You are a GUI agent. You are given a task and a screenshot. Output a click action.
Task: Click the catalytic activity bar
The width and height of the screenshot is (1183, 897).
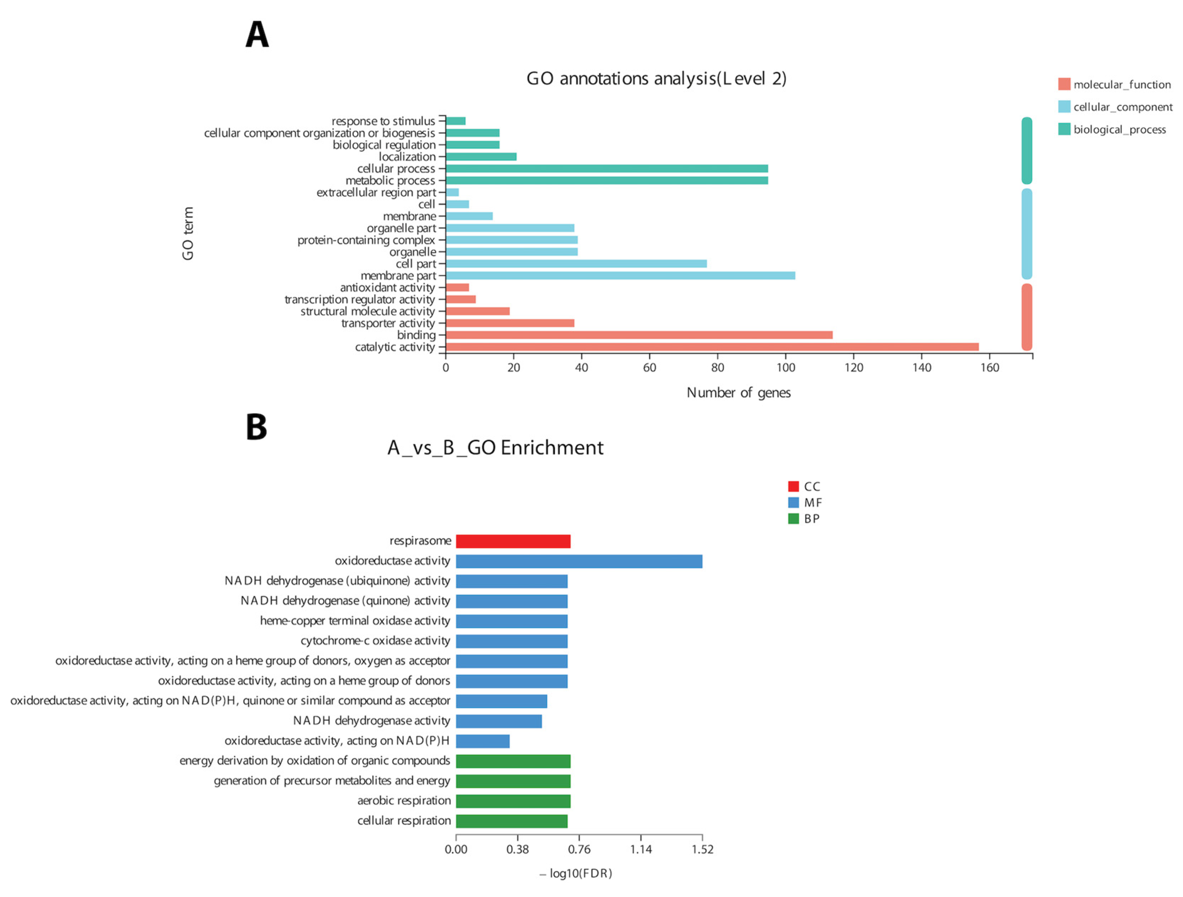pos(711,347)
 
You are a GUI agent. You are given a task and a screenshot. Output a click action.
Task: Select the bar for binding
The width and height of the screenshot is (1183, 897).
pos(639,335)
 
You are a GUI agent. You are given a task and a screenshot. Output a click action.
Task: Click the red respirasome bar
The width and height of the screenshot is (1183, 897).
pos(513,541)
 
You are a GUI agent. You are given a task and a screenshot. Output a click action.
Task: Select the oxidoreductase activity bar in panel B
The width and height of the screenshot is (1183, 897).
pos(579,561)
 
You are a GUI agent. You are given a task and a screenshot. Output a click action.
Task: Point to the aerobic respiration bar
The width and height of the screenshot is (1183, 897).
pos(513,801)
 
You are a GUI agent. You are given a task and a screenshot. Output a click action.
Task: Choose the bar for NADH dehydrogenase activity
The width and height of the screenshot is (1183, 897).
pos(498,721)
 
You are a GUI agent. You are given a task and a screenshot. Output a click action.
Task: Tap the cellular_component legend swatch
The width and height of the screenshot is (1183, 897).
pos(1064,107)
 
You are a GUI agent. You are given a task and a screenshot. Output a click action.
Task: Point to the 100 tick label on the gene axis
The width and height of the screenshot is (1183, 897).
pos(785,368)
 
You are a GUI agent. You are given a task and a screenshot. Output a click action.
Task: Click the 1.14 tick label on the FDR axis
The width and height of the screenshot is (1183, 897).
pos(641,849)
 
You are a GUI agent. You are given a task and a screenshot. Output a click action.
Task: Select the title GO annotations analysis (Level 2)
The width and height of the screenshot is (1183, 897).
pos(656,79)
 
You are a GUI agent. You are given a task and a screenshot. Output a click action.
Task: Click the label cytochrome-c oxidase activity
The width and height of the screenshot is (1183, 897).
pos(375,641)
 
